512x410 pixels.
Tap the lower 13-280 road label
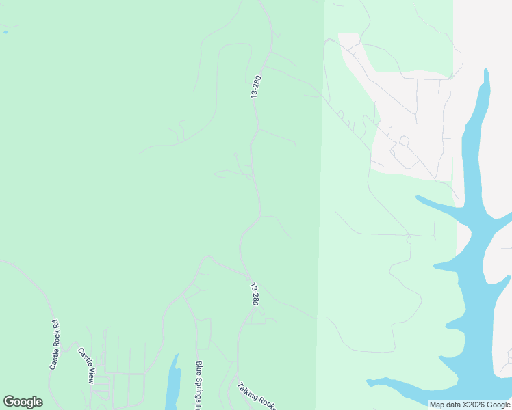click(x=255, y=294)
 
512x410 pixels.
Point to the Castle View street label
click(x=86, y=366)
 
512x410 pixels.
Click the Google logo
click(x=23, y=402)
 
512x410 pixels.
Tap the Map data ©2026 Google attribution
click(x=470, y=405)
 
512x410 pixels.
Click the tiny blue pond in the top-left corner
click(x=5, y=32)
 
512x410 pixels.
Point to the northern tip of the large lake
click(x=486, y=72)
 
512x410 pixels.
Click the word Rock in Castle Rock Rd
click(x=55, y=346)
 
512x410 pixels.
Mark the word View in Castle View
click(x=90, y=374)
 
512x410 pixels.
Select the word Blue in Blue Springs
click(x=199, y=369)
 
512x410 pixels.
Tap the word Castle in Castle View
click(x=83, y=357)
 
